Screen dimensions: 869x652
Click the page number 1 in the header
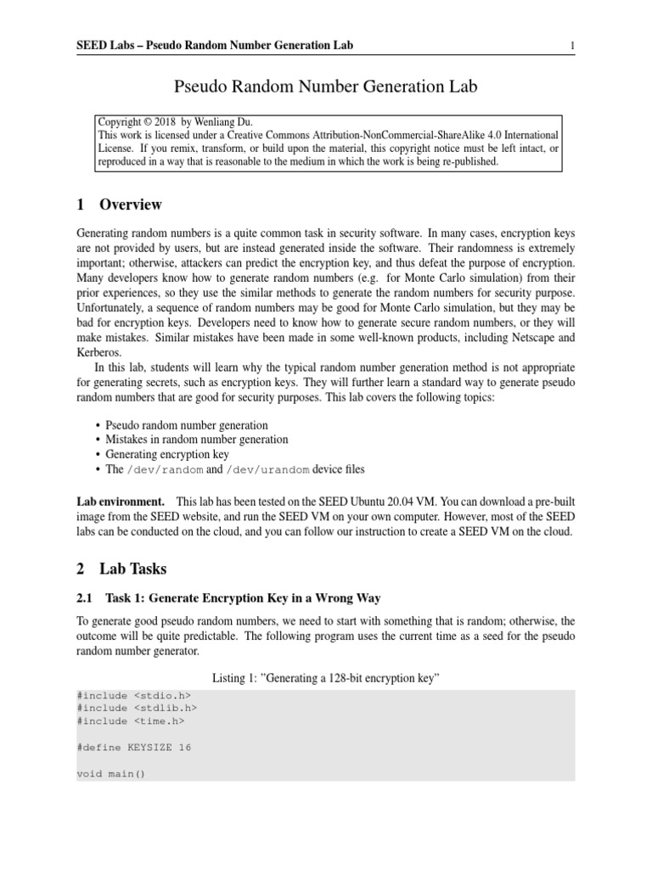573,45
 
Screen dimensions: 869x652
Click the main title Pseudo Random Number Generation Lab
326,87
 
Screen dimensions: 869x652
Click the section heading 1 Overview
119,205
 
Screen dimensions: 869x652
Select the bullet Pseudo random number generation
186,424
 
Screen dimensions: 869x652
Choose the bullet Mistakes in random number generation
196,440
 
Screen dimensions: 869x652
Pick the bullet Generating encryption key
167,454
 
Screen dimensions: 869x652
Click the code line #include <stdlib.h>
133,708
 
